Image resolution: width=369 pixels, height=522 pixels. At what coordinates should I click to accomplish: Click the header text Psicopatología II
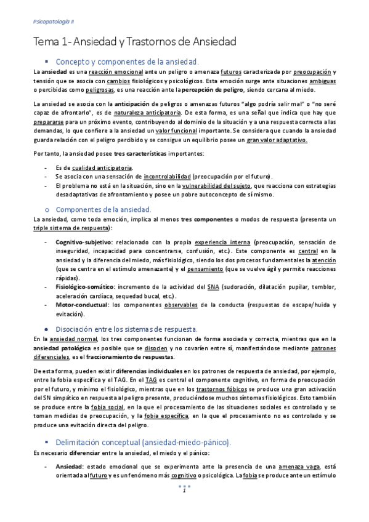(53, 21)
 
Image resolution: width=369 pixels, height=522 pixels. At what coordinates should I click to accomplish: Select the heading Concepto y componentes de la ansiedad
(127, 62)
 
